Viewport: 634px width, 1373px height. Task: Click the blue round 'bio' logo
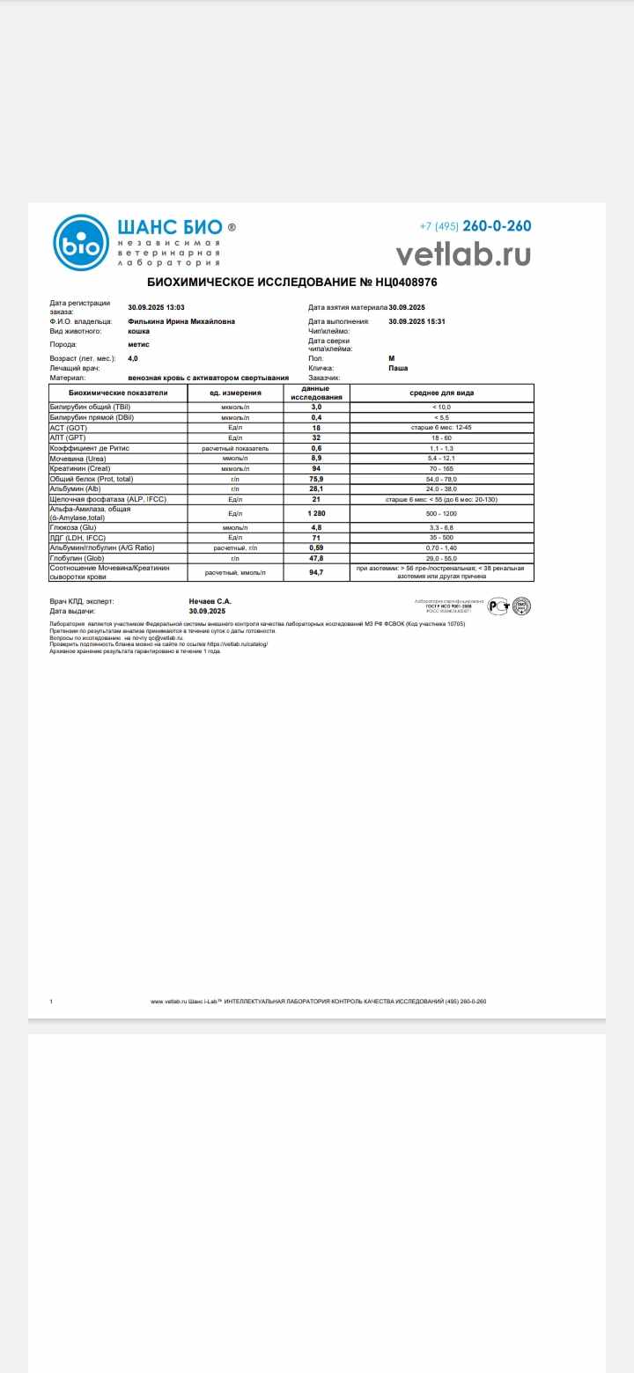[81, 242]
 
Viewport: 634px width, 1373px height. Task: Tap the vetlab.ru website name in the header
[463, 253]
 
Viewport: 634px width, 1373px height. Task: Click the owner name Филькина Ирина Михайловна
[181, 321]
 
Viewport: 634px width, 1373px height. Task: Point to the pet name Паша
[398, 368]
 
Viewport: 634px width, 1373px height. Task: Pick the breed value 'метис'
[138, 344]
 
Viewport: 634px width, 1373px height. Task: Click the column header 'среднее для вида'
[441, 393]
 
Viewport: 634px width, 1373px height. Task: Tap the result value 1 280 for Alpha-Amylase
[316, 512]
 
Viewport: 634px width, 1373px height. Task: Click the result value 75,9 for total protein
[316, 479]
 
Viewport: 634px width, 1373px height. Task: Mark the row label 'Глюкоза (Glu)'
[72, 527]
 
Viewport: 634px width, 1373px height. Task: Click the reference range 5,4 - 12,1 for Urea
[441, 458]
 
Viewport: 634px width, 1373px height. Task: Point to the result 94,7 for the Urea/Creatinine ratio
[316, 572]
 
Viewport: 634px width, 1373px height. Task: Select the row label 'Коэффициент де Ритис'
[90, 447]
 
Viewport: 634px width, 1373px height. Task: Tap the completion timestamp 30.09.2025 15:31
[417, 321]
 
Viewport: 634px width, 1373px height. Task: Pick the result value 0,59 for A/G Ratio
[316, 547]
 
